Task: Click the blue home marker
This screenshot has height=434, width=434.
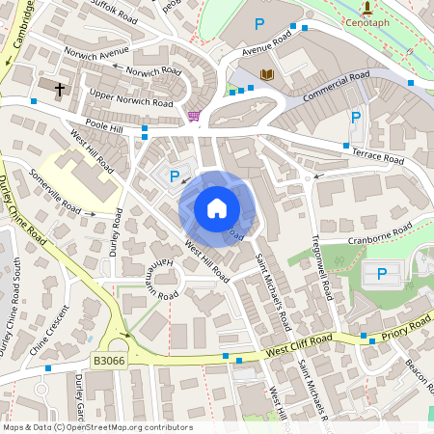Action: (217, 208)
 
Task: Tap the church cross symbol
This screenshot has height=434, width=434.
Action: (60, 90)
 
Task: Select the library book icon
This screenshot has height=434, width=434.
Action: (267, 74)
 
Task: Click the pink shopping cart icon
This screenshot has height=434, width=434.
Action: (194, 116)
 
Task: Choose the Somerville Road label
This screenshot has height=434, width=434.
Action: (57, 192)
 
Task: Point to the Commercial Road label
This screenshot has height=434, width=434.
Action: (336, 87)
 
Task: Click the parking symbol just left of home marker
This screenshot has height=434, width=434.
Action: (175, 176)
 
